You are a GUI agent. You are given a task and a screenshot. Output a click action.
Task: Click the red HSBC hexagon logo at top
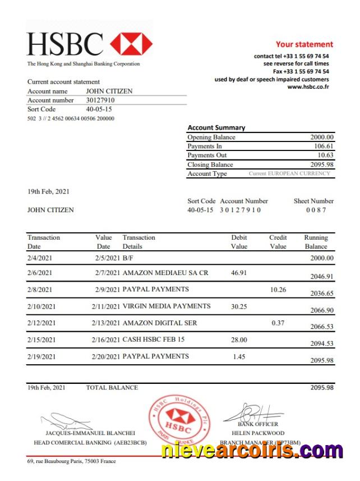click(131, 44)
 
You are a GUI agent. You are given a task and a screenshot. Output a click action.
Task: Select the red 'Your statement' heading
click(304, 44)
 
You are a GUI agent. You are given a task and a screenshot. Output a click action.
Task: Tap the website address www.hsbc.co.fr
click(308, 87)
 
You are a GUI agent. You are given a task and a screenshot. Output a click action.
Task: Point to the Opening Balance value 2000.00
click(322, 137)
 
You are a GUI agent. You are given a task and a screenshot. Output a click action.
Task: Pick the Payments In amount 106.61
click(324, 146)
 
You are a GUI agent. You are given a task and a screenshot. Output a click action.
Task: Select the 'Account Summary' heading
click(216, 127)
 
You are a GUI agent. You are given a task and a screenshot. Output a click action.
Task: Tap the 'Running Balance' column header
click(316, 242)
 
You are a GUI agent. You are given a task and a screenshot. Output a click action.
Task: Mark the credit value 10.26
click(278, 290)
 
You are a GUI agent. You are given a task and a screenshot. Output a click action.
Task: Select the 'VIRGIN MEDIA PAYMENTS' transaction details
click(167, 306)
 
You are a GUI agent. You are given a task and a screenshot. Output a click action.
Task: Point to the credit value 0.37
click(278, 323)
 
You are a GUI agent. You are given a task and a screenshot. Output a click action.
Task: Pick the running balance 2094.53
click(322, 343)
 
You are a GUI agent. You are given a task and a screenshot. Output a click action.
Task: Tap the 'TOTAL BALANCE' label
click(112, 387)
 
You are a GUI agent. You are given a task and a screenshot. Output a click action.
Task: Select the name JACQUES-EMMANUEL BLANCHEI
click(90, 433)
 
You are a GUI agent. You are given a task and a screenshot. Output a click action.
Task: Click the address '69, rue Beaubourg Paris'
click(59, 462)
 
